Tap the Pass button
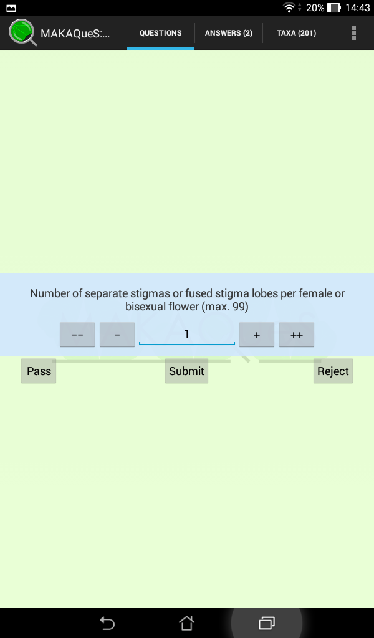point(39,371)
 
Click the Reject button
point(333,371)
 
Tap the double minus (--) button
point(77,335)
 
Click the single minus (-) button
point(117,335)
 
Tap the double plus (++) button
point(297,335)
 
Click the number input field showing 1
point(187,335)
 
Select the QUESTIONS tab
point(161,33)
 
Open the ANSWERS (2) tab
point(229,33)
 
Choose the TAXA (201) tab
point(296,33)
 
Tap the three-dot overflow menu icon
point(354,33)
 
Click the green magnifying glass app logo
point(23,32)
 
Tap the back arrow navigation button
point(107,623)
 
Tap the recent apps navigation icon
point(267,623)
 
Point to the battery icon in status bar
point(333,7)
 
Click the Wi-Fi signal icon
point(289,7)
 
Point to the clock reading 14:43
point(358,7)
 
